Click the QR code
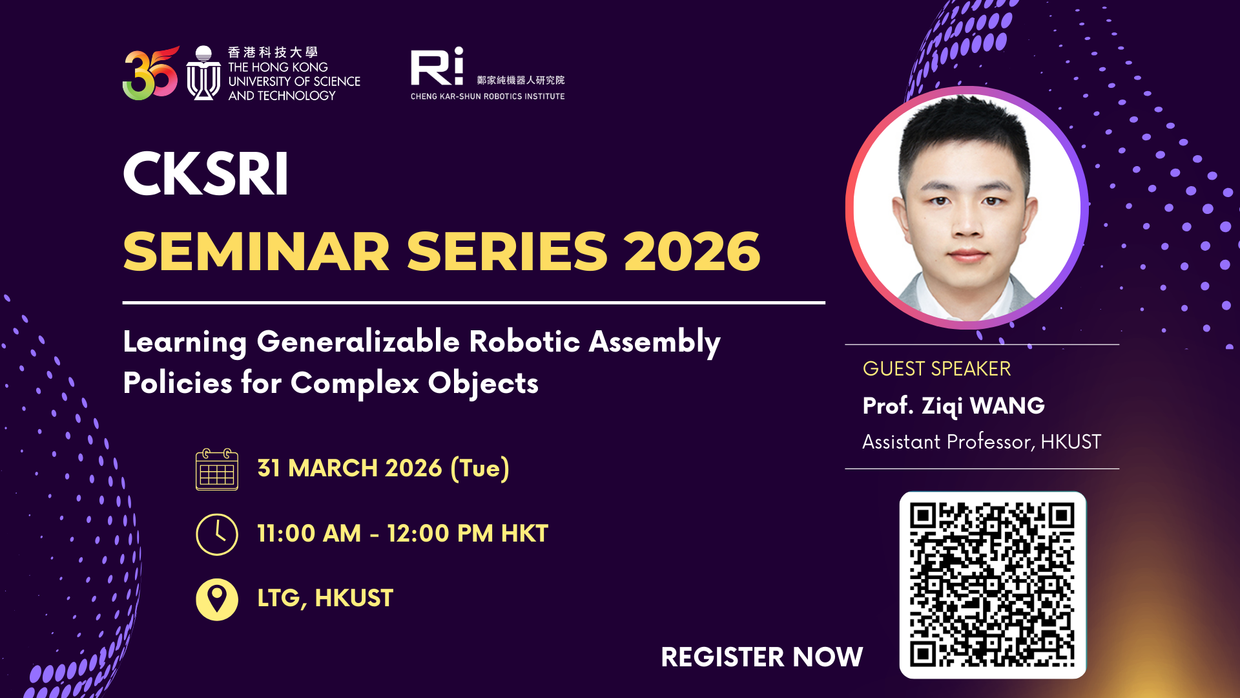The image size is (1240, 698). [993, 585]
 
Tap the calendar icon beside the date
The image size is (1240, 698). [217, 469]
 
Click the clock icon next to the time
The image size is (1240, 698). [217, 534]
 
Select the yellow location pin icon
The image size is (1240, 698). [217, 599]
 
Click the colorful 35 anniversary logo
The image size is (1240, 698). [150, 74]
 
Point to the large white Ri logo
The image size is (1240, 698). [437, 67]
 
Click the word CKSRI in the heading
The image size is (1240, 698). [205, 174]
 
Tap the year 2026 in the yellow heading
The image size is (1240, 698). [692, 252]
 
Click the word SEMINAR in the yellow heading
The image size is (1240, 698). [256, 252]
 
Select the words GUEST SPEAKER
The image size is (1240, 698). [936, 369]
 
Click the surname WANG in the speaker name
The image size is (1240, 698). [1007, 406]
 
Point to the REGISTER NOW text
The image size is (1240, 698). [761, 657]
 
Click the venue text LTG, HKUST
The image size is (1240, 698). [325, 598]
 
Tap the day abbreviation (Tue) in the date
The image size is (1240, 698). [480, 469]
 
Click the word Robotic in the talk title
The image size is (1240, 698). [524, 342]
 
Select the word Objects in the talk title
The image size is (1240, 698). [483, 383]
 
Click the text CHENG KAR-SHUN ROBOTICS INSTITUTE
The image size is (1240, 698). [488, 96]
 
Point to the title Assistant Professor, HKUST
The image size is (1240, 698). [982, 442]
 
